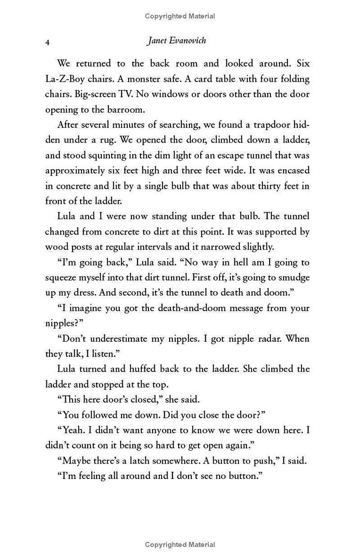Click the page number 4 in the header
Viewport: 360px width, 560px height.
click(47, 42)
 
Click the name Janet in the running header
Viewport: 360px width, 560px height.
click(158, 41)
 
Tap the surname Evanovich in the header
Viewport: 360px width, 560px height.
click(188, 41)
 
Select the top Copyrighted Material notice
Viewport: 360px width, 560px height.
click(180, 16)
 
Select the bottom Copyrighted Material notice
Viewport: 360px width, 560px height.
click(180, 545)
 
